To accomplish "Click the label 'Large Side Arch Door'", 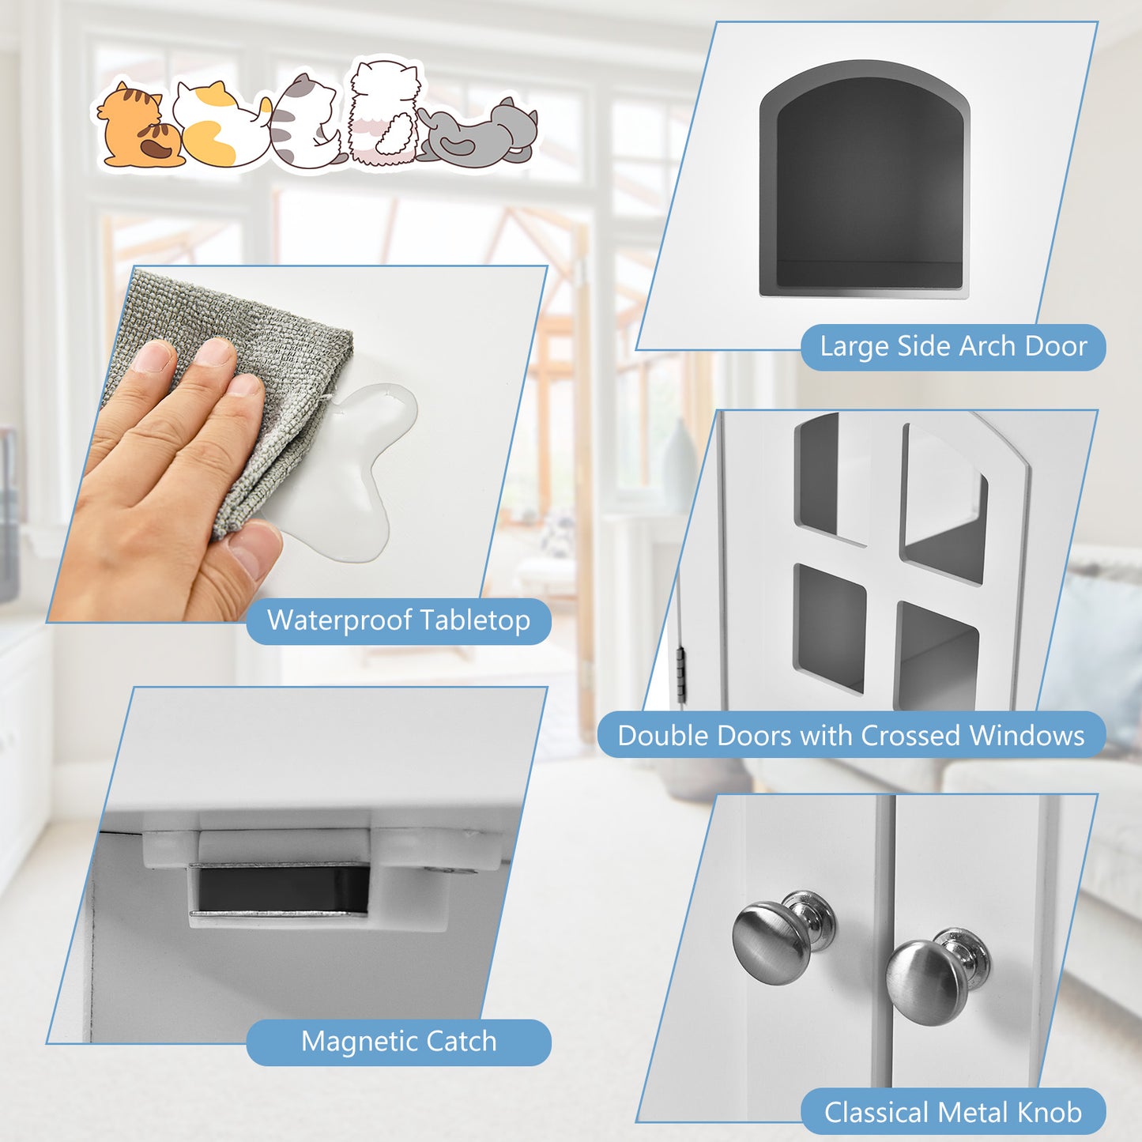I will [x=952, y=347].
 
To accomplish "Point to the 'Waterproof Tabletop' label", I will [x=398, y=620].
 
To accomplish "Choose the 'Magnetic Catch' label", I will [x=398, y=1042].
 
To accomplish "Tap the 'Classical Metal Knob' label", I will [x=952, y=1112].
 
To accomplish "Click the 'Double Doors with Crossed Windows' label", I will [x=850, y=735].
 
